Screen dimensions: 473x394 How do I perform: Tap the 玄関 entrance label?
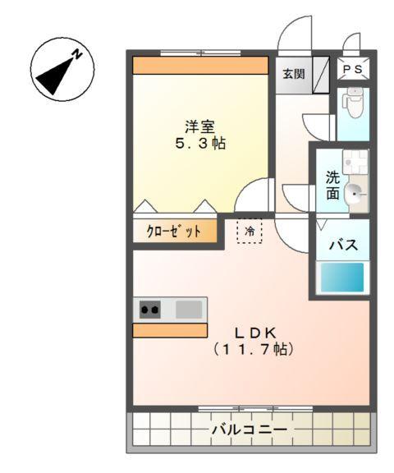point(294,75)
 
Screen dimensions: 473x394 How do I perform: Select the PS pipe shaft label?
point(354,70)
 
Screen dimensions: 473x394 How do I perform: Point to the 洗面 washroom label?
point(332,185)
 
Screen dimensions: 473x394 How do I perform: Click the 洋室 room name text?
point(199,126)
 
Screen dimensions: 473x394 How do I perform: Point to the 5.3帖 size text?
point(199,144)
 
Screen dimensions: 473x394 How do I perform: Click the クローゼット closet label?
point(174,232)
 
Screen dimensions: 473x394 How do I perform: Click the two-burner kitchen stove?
point(149,310)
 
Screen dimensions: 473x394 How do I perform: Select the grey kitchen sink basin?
point(189,310)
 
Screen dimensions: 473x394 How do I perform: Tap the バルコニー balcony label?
point(249,429)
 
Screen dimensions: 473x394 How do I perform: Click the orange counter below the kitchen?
point(170,330)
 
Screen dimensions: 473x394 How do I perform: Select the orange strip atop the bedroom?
point(200,65)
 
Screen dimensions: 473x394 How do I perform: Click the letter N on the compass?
point(76,55)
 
